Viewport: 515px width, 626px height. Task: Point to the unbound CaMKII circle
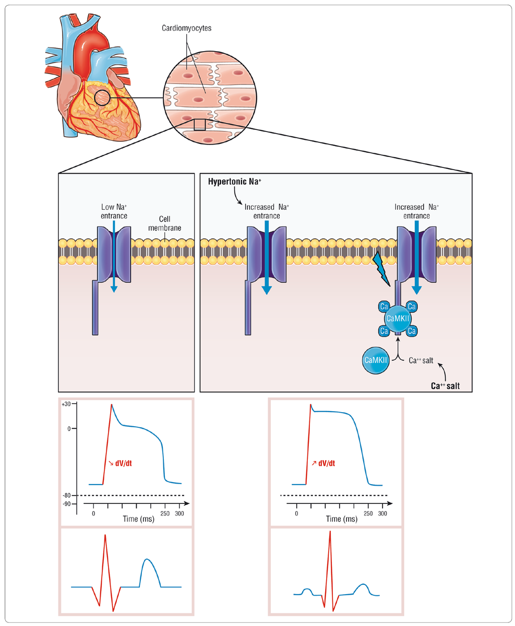point(376,360)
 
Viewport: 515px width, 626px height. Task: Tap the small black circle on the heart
point(102,97)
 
